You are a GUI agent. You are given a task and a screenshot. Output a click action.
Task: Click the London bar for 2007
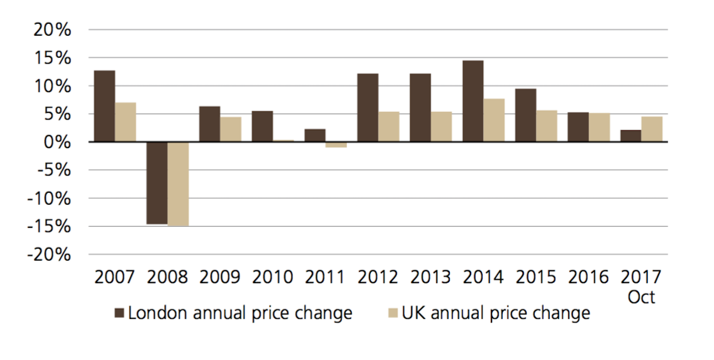click(104, 106)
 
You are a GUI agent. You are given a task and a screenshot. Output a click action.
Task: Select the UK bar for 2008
click(178, 184)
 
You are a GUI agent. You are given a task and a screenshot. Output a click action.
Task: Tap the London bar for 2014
click(473, 101)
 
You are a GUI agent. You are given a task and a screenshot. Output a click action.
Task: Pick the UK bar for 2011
click(336, 145)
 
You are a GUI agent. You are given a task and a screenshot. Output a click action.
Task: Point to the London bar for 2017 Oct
click(631, 136)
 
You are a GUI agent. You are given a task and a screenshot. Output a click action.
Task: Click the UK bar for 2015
click(547, 126)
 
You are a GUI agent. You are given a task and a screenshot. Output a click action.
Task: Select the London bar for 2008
click(156, 183)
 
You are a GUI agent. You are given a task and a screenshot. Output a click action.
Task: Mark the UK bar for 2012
click(389, 127)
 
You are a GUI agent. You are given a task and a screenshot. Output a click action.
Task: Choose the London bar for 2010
click(262, 126)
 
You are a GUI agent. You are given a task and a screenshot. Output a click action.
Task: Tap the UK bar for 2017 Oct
click(652, 129)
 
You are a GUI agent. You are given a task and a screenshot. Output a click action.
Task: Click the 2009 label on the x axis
click(220, 277)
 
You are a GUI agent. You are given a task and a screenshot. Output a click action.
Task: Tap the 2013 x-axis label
click(431, 277)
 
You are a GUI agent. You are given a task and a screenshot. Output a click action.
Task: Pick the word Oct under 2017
click(641, 297)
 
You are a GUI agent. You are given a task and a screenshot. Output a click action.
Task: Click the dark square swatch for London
click(120, 313)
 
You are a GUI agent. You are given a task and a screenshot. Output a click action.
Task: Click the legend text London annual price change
click(240, 313)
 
